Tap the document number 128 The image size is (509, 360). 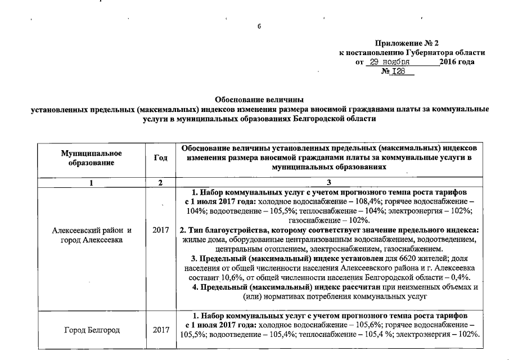point(397,71)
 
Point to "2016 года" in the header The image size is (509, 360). point(457,62)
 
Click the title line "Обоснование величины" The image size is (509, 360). point(259,100)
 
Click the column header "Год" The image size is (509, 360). point(160,158)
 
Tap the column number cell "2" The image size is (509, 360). point(160,182)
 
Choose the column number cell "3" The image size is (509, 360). point(330,182)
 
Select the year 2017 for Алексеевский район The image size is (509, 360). point(161,230)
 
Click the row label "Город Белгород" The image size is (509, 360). point(92,330)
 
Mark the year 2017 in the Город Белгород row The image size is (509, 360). point(161,330)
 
